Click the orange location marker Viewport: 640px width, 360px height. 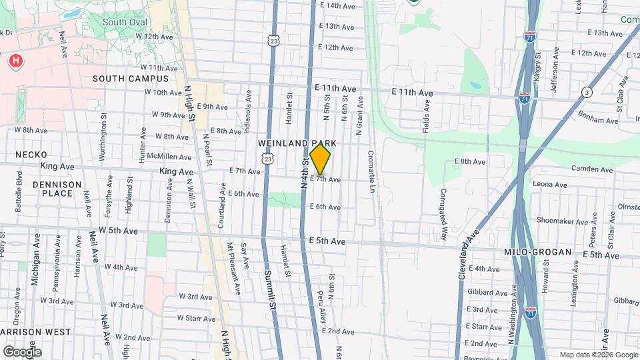point(321,159)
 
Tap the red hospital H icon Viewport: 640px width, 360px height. point(15,62)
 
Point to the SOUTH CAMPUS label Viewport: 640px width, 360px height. point(131,79)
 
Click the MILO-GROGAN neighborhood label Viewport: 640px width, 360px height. point(538,252)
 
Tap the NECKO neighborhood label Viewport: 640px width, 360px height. point(31,155)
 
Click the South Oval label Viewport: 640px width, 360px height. point(124,22)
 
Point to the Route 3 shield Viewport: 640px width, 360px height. point(586,92)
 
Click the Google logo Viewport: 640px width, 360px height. point(22,351)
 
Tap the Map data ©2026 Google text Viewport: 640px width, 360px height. point(598,355)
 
